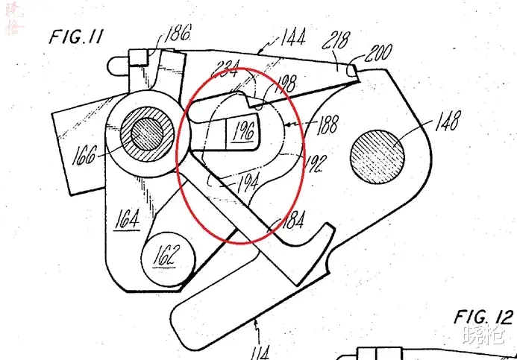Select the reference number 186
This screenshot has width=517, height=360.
pos(179,32)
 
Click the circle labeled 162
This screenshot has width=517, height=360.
pos(166,258)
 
